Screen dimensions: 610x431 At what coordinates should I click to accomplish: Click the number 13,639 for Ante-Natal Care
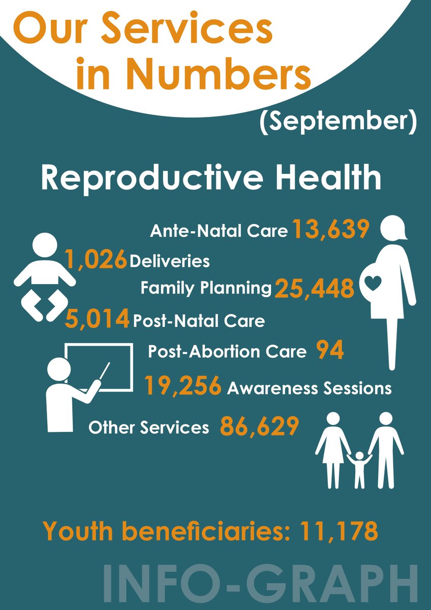329,230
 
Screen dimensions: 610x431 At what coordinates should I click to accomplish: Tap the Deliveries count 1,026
96,260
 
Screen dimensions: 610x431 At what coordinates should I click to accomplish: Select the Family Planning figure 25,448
314,289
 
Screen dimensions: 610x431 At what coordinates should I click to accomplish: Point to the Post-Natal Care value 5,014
97,320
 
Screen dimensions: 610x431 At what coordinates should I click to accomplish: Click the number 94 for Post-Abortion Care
330,351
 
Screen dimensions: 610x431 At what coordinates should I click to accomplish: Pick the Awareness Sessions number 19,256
183,387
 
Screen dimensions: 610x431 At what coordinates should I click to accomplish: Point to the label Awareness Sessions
309,388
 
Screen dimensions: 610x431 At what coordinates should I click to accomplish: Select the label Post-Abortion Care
227,352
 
